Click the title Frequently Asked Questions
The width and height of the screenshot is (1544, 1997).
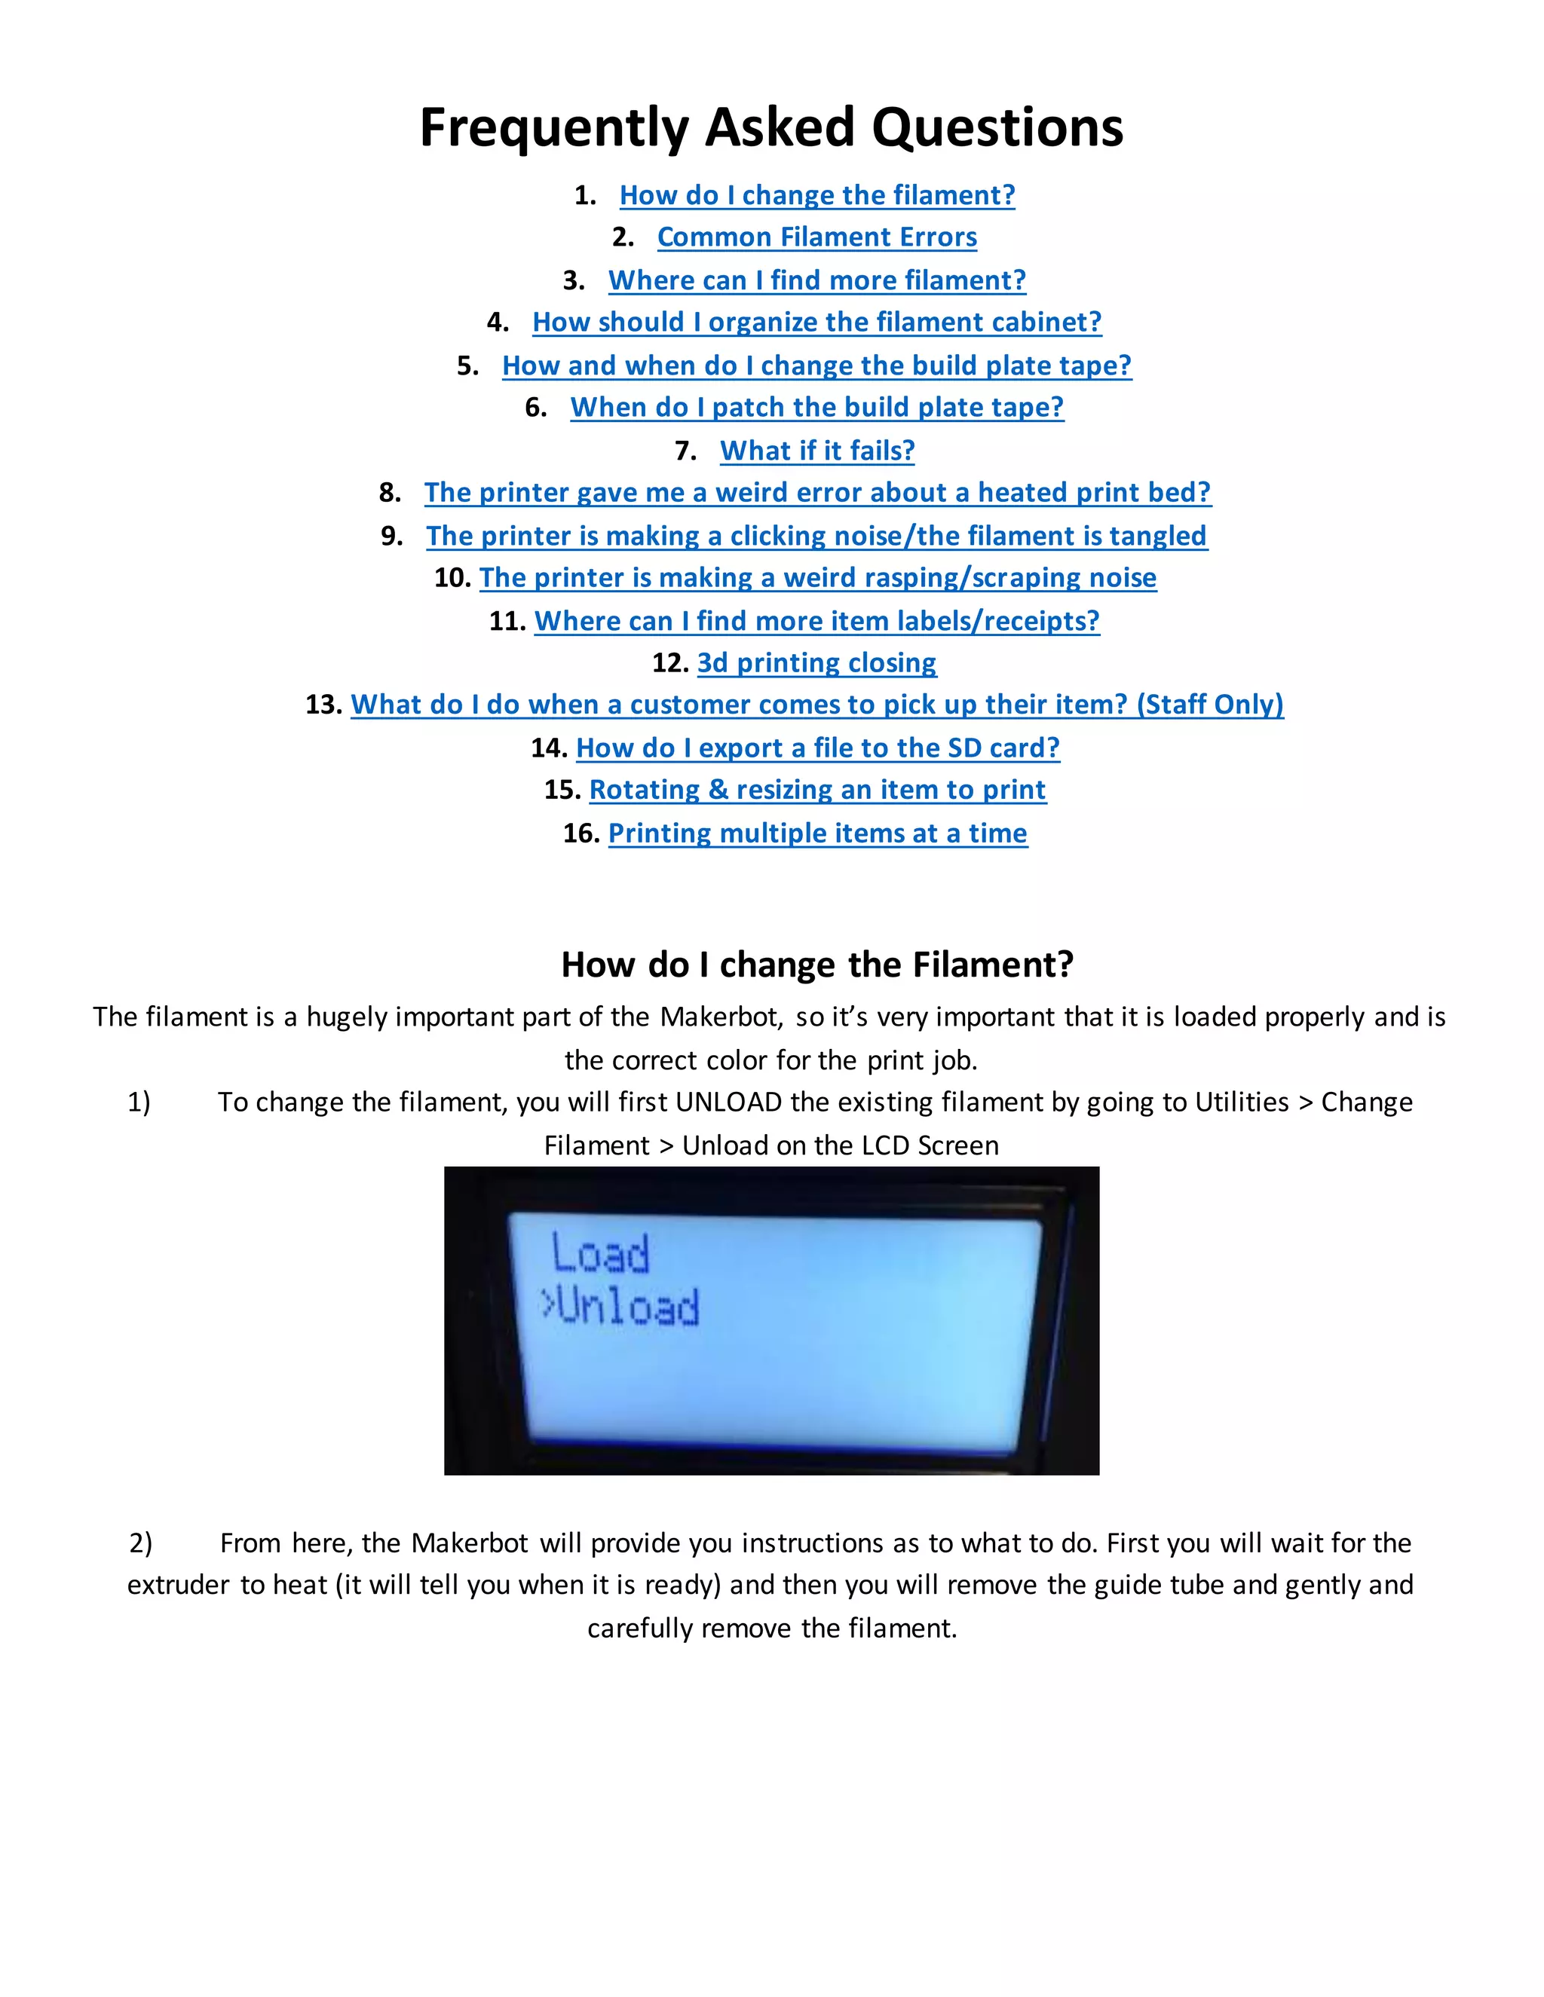point(771,127)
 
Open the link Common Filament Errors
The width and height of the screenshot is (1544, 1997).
point(816,237)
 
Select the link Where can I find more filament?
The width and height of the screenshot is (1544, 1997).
point(816,280)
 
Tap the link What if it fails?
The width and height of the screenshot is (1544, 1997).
point(816,450)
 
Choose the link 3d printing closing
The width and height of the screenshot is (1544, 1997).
point(816,662)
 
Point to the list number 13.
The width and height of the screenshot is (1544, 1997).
point(323,704)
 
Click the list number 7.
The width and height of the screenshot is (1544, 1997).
point(685,450)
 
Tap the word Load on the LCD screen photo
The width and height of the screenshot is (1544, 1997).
point(600,1254)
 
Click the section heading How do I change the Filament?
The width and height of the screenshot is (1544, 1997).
point(816,965)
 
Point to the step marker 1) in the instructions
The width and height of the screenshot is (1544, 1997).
point(139,1102)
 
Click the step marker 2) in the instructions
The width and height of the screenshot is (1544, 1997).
point(141,1543)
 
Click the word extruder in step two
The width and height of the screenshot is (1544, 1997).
point(179,1585)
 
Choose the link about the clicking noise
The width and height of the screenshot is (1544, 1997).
point(816,535)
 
